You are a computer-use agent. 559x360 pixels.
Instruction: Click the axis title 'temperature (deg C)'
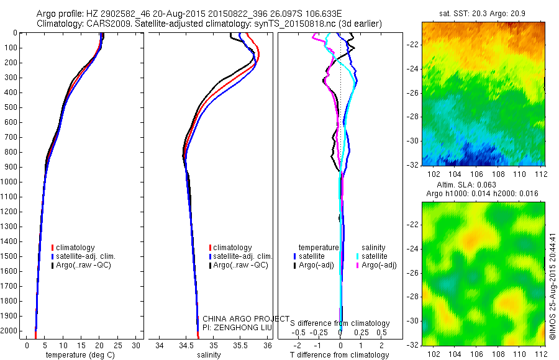(x=78, y=355)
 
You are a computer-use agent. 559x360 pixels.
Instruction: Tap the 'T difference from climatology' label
(x=339, y=355)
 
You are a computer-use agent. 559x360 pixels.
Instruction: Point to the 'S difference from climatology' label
(x=340, y=323)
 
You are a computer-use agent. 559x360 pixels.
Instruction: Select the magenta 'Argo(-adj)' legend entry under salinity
(x=379, y=265)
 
